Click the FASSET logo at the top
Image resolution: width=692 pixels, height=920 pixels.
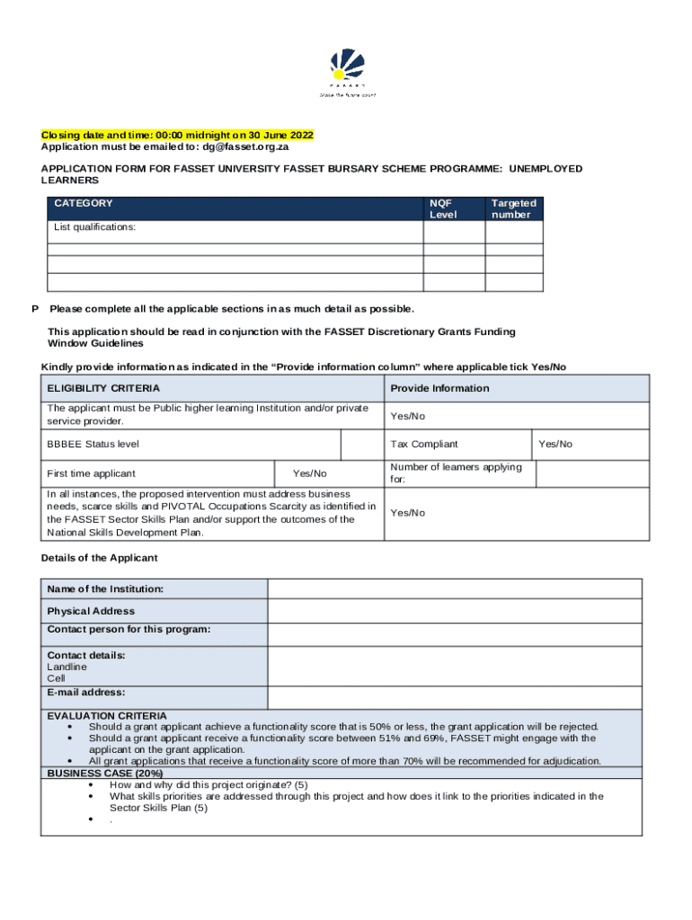point(348,72)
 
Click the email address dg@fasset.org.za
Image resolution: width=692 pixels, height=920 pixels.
point(257,146)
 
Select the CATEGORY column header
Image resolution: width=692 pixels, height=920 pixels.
point(84,204)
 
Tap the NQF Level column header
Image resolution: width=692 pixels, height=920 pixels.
point(443,208)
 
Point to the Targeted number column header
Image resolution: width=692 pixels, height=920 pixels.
point(513,208)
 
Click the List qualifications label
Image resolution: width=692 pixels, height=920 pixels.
point(94,227)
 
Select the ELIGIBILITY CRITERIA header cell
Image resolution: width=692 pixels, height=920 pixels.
point(103,388)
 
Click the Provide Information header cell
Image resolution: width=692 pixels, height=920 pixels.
point(439,388)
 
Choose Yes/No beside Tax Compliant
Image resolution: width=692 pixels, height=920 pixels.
point(554,444)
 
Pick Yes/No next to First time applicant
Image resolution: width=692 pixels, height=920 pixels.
point(310,473)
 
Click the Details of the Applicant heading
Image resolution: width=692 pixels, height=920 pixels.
point(99,558)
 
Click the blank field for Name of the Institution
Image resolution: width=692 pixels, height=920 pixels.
point(455,589)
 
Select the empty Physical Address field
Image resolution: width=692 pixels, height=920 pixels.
point(455,612)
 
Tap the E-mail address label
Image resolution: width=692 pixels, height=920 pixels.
point(86,693)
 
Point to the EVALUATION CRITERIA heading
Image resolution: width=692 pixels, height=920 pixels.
point(106,716)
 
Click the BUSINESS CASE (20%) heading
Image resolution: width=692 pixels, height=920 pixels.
point(104,773)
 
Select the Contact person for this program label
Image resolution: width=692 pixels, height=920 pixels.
point(129,629)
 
